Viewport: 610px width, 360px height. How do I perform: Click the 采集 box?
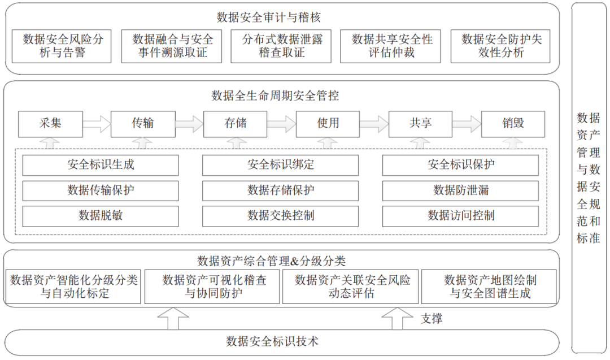(x=51, y=124)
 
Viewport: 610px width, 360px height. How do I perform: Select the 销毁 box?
(x=513, y=124)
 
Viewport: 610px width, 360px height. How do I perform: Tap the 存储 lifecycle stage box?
(x=236, y=124)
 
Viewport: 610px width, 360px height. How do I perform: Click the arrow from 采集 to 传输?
(x=97, y=124)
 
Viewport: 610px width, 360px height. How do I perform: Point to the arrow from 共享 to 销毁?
(x=467, y=124)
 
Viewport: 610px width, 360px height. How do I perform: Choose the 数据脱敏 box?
(x=101, y=216)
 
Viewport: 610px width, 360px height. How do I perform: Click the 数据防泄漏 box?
(x=461, y=190)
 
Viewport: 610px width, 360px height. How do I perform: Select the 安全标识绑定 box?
(x=281, y=165)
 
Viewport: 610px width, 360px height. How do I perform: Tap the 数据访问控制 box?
(x=461, y=216)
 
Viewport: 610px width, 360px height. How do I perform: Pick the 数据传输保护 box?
(x=101, y=190)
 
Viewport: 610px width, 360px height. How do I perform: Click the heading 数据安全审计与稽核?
(x=268, y=17)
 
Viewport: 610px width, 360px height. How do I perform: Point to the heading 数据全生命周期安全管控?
(x=275, y=96)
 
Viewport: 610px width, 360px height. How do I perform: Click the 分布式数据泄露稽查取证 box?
(x=281, y=46)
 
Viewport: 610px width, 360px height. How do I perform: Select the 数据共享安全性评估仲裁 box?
(x=391, y=46)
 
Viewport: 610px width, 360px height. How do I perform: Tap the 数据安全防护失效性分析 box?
(x=500, y=46)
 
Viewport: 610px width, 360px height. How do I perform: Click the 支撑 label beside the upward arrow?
(x=432, y=319)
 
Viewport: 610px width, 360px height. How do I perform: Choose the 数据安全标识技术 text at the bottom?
(x=272, y=342)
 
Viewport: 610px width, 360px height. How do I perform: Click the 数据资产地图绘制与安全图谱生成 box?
(x=489, y=287)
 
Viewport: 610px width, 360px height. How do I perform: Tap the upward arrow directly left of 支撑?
(x=397, y=319)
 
